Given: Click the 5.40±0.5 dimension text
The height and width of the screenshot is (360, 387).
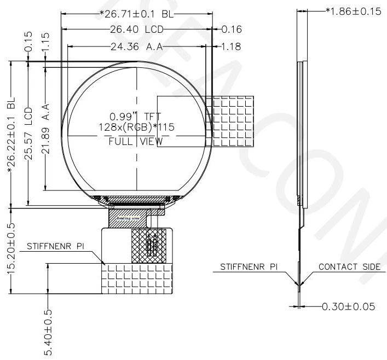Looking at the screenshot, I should coord(48,332).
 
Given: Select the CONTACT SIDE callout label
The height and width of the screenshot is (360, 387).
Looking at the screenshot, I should coord(349,266).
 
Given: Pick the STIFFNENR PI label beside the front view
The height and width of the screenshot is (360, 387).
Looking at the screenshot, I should coord(55,247).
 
